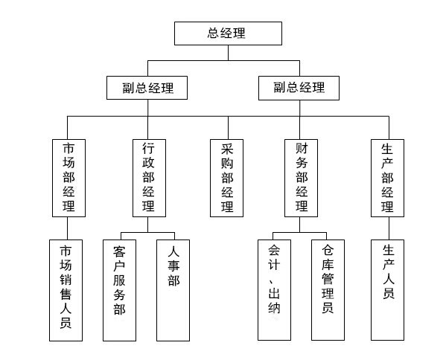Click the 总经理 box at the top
coord(228,33)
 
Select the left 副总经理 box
coord(147,88)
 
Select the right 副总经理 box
coord(299,88)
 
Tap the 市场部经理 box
coord(69,179)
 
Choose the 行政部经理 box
coord(150,179)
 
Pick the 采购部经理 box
coord(226,179)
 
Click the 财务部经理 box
coord(302,179)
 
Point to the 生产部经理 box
coord(387,179)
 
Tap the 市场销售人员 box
coord(66,290)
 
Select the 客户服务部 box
coord(119,290)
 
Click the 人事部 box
coord(173,290)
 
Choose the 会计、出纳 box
coord(275,290)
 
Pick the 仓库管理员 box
coord(328,290)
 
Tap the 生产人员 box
coord(387,290)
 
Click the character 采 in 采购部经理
coord(227,149)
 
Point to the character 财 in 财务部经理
coord(302,148)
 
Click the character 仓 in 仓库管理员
coord(328,251)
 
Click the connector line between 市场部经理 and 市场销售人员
coord(68,228)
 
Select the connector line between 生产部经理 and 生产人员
coord(389,228)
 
